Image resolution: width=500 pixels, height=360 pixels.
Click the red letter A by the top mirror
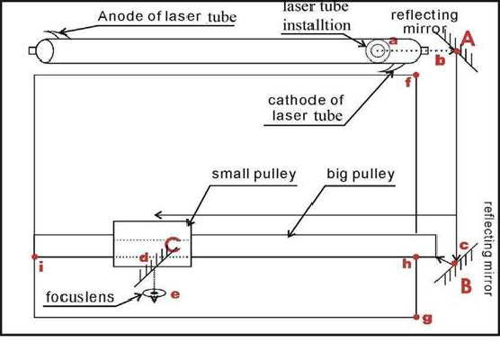[468, 40]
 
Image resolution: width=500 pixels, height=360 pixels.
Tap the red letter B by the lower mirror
[466, 286]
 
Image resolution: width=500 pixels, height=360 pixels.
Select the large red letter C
[173, 245]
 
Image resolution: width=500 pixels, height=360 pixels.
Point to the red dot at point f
[415, 75]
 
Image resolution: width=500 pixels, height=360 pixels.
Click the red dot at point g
[415, 317]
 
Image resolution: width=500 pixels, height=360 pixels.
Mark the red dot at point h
[415, 256]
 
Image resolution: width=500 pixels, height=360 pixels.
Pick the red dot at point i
[35, 256]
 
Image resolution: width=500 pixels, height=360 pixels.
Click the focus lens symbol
[155, 293]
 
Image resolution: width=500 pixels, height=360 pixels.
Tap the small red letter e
[175, 294]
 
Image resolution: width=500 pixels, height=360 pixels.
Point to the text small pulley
[254, 175]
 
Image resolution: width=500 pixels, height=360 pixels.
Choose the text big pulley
[361, 175]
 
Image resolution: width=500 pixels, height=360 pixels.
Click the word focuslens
[80, 297]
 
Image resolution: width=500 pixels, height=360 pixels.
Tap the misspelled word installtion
[317, 25]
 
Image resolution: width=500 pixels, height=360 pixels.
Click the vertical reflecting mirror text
[488, 248]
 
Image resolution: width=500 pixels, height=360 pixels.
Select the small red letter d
[144, 257]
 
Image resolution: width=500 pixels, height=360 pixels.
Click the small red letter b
[440, 60]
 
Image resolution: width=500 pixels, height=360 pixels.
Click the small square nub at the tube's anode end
[31, 50]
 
